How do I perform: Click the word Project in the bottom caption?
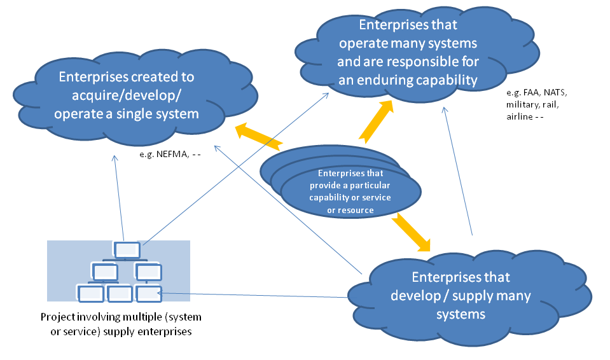click(56, 317)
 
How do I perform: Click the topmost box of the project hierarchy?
click(127, 250)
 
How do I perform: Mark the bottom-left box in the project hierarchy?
click(90, 294)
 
